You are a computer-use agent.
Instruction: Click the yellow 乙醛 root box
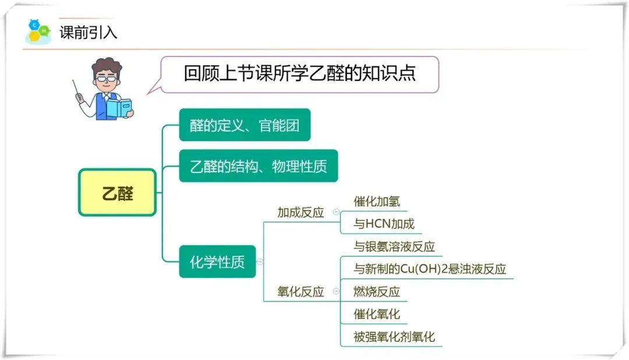click(117, 193)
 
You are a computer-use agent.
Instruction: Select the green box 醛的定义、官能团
click(245, 125)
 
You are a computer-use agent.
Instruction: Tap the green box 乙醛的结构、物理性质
click(258, 166)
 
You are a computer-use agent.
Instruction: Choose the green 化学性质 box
click(217, 262)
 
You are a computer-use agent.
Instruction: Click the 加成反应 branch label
click(300, 213)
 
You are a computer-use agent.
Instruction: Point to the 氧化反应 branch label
click(300, 292)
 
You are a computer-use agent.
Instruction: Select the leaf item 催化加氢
click(377, 202)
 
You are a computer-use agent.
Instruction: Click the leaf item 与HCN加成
click(384, 224)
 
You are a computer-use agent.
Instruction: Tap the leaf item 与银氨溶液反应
click(394, 246)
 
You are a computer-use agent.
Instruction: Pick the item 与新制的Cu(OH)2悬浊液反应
click(430, 269)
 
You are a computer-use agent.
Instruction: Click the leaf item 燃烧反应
click(377, 291)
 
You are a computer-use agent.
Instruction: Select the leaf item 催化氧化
click(377, 314)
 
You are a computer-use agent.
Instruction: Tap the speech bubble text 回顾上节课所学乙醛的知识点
click(299, 74)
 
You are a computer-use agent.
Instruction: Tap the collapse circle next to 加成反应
click(336, 213)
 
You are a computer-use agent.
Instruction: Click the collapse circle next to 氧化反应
click(336, 292)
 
